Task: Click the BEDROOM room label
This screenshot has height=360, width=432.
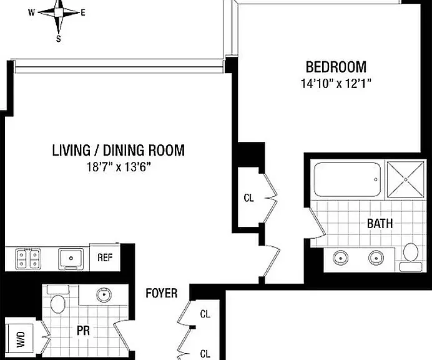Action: pyautogui.click(x=336, y=67)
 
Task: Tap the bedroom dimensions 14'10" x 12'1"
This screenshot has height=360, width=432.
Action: pyautogui.click(x=336, y=83)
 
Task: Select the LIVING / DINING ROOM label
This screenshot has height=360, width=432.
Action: pyautogui.click(x=119, y=151)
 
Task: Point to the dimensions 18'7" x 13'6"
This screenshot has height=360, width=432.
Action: pyautogui.click(x=119, y=167)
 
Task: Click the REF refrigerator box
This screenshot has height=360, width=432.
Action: pyautogui.click(x=105, y=257)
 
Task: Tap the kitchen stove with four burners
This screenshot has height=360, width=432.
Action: pyautogui.click(x=28, y=259)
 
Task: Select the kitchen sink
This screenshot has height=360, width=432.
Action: pyautogui.click(x=71, y=259)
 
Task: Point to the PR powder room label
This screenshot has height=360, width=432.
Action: pyautogui.click(x=83, y=331)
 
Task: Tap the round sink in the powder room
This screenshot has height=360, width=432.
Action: pyautogui.click(x=104, y=294)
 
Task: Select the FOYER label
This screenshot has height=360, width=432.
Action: pyautogui.click(x=162, y=293)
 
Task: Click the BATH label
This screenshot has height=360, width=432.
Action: pyautogui.click(x=380, y=224)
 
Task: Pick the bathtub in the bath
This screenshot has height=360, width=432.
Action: pyautogui.click(x=348, y=179)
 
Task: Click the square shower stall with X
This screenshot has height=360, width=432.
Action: pyautogui.click(x=405, y=179)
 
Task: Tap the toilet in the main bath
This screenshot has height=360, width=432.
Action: pyautogui.click(x=411, y=257)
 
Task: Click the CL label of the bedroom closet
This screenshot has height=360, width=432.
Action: pyautogui.click(x=249, y=197)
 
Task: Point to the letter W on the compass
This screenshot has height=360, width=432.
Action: pyautogui.click(x=31, y=12)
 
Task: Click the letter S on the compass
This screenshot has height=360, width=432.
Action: pyautogui.click(x=59, y=39)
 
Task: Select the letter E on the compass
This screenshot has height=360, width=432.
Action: pyautogui.click(x=83, y=12)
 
